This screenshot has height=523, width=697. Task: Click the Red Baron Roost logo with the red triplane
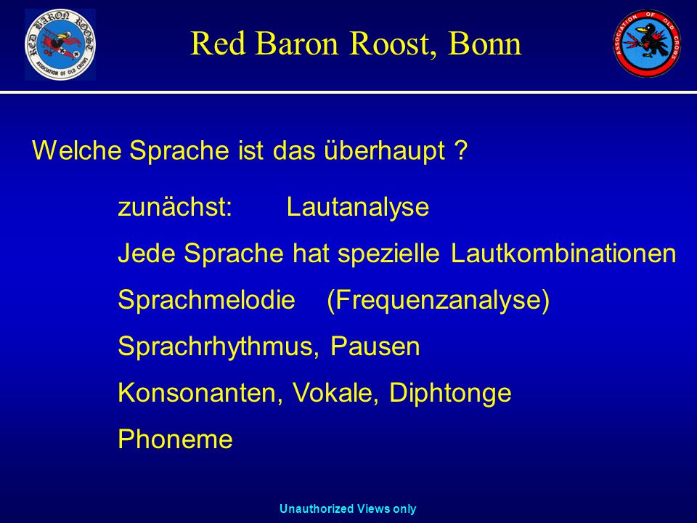pos(60,44)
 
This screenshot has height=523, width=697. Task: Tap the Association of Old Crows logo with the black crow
pos(647,44)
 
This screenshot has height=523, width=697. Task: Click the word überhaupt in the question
pos(384,151)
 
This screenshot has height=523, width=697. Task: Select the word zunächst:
pos(175,207)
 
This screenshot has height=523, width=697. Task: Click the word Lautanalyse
pos(358,208)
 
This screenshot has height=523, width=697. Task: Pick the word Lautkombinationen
pos(563,253)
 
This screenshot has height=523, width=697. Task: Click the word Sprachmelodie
pos(207,299)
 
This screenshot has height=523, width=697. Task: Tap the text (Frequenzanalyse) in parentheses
pos(439,300)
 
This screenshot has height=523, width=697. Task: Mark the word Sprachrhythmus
pos(219,346)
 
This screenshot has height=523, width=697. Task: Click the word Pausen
pos(375,346)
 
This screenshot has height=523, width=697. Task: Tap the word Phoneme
pos(175,439)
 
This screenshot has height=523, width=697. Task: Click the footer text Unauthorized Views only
pos(348,508)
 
